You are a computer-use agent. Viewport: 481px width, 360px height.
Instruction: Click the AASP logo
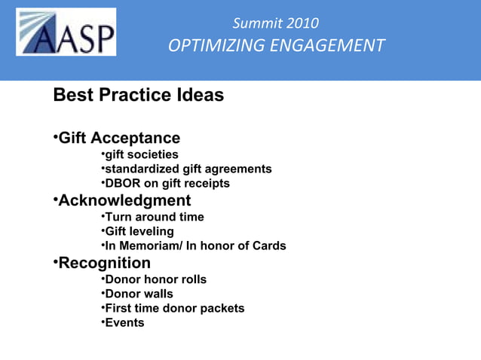pos(66,32)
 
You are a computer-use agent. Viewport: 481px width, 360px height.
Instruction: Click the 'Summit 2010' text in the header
pos(275,23)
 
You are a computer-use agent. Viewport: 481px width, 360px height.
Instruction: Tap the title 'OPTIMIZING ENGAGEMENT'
pos(276,46)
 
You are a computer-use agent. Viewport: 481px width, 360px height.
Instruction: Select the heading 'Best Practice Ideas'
pos(138,96)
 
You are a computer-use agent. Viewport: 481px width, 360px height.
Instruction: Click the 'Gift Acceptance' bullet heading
pos(119,139)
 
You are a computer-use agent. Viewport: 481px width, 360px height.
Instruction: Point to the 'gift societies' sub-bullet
pos(141,154)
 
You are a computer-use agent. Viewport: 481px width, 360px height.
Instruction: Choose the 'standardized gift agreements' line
pos(188,169)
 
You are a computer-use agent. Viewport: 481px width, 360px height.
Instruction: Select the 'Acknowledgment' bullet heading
pos(124,201)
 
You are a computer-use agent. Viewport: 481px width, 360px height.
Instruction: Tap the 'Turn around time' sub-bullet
pos(154,217)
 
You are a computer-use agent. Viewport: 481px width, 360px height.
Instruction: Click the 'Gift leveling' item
pos(139,231)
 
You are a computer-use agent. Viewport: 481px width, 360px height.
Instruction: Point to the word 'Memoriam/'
pos(149,246)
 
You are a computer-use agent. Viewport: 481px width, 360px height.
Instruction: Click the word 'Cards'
pos(268,246)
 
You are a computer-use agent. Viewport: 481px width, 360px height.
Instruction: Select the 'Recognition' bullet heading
pos(104,263)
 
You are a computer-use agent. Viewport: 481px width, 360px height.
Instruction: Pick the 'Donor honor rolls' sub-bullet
pos(155,279)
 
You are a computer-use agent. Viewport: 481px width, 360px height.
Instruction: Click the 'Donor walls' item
pos(139,294)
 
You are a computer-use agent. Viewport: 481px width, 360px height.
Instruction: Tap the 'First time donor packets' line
pos(174,308)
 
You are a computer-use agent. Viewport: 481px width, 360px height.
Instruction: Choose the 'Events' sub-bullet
pos(124,322)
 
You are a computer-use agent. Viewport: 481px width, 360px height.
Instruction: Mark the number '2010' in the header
pos(302,23)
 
